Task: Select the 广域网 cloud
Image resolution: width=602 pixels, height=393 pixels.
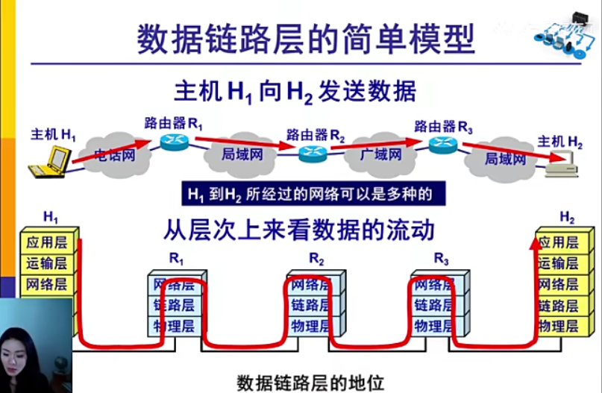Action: [380, 155]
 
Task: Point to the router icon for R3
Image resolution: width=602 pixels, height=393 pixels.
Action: [443, 145]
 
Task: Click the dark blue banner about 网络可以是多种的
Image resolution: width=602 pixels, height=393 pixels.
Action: [309, 194]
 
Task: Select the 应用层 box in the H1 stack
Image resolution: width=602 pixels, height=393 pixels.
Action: [46, 242]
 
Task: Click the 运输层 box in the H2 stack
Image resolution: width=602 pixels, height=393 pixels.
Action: [558, 263]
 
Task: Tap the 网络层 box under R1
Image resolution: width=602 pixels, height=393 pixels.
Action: [174, 284]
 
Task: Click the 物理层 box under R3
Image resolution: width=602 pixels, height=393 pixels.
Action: [434, 326]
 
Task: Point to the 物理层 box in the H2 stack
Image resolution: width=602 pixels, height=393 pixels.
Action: [558, 326]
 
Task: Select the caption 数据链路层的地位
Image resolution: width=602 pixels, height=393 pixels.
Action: [310, 383]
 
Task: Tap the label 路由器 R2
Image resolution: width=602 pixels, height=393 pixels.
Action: [316, 135]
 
